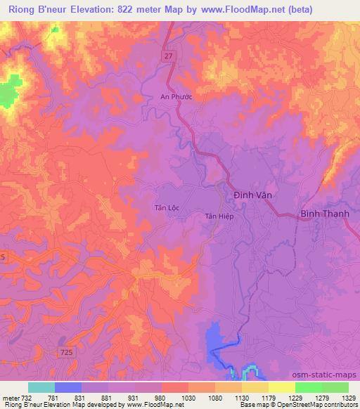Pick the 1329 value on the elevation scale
click(x=348, y=398)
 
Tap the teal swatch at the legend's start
click(x=41, y=387)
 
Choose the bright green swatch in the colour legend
click(x=308, y=387)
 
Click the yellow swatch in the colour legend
click(x=281, y=387)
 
